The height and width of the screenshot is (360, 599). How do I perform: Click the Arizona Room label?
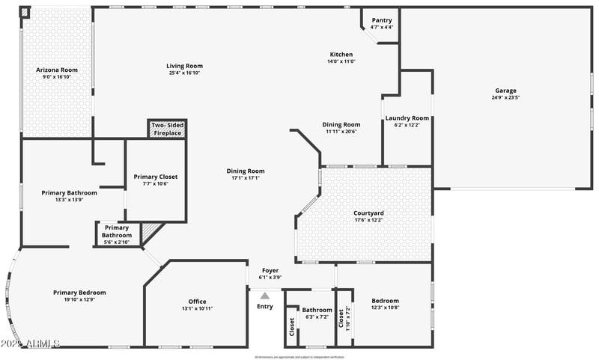pyautogui.click(x=57, y=70)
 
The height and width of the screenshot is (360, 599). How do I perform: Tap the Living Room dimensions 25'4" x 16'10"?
pyautogui.click(x=184, y=73)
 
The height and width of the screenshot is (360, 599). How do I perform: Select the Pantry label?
pyautogui.click(x=381, y=20)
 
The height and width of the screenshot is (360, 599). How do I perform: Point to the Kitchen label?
pyautogui.click(x=341, y=55)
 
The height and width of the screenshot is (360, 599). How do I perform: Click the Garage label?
pyautogui.click(x=505, y=91)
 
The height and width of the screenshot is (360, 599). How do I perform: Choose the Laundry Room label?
pyautogui.click(x=407, y=118)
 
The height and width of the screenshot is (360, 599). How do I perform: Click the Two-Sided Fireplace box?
pyautogui.click(x=167, y=129)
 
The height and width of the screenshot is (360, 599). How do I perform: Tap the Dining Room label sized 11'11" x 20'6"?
pyautogui.click(x=341, y=125)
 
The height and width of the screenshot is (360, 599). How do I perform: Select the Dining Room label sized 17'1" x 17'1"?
pyautogui.click(x=246, y=171)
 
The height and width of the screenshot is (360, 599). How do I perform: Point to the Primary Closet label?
pyautogui.click(x=156, y=177)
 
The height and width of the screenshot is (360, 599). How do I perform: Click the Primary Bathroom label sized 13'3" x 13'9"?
pyautogui.click(x=69, y=193)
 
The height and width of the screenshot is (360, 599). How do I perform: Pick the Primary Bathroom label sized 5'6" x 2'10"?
pyautogui.click(x=117, y=228)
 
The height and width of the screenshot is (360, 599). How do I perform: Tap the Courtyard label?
pyautogui.click(x=368, y=213)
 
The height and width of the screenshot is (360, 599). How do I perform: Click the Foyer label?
pyautogui.click(x=270, y=270)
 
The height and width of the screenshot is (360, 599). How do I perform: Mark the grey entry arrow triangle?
pyautogui.click(x=264, y=296)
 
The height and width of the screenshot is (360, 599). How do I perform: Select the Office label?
pyautogui.click(x=197, y=302)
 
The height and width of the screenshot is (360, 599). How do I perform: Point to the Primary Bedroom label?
pyautogui.click(x=79, y=293)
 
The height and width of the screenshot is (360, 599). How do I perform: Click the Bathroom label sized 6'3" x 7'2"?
pyautogui.click(x=317, y=310)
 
